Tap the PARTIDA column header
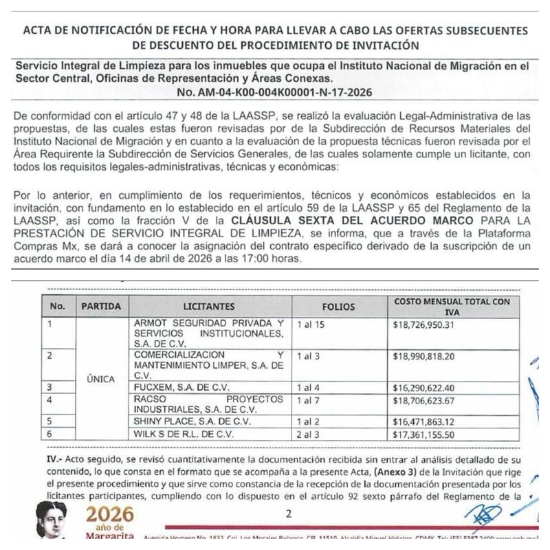point(101,306)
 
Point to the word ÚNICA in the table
point(101,379)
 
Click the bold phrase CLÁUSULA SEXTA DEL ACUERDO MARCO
point(351,220)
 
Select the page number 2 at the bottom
point(288,513)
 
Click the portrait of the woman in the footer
point(52,520)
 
